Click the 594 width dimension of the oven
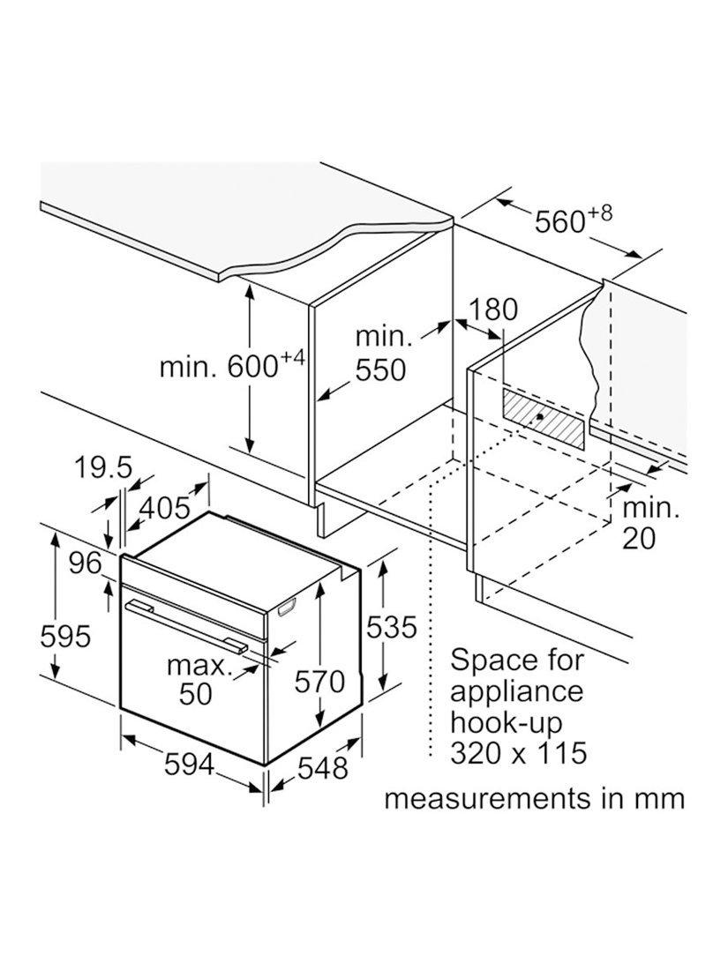(x=189, y=765)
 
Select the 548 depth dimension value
(x=322, y=768)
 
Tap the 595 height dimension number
(x=65, y=636)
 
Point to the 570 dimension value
(x=319, y=682)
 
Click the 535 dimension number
(x=392, y=627)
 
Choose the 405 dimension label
(x=165, y=509)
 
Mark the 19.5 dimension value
(x=103, y=467)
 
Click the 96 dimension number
(x=85, y=563)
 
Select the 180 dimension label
(x=492, y=310)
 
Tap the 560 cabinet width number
(x=560, y=220)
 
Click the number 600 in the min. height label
(x=253, y=367)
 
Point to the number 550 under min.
(x=380, y=369)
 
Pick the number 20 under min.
(x=639, y=538)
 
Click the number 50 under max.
(x=196, y=694)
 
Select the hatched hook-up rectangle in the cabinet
(x=544, y=419)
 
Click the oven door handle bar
(x=185, y=624)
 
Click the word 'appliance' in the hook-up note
(x=516, y=691)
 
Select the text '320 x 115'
(x=518, y=753)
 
